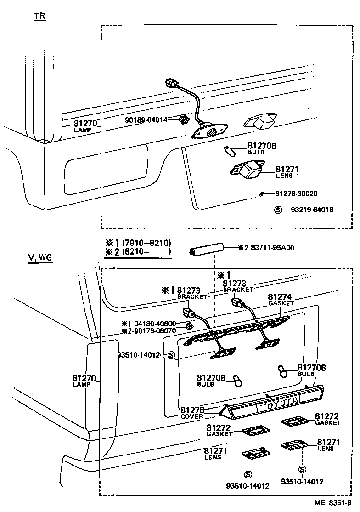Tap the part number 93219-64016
click(x=312, y=210)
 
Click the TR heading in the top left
click(x=39, y=17)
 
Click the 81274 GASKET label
click(x=280, y=300)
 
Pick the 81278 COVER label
click(x=192, y=412)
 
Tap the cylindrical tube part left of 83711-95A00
click(x=206, y=250)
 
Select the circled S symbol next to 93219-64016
click(x=277, y=210)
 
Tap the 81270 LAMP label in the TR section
click(x=84, y=126)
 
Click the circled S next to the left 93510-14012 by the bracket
click(x=171, y=355)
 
